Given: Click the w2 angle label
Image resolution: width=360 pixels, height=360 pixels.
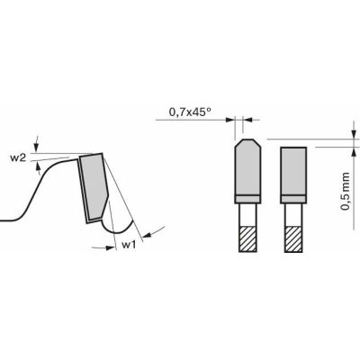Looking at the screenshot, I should point(17,157).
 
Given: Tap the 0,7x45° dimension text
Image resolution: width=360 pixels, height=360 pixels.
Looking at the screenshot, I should point(191,112).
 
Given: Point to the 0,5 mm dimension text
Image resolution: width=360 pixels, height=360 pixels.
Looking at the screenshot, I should point(346,191).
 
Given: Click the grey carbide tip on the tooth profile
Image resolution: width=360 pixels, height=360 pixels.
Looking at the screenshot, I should point(94,185).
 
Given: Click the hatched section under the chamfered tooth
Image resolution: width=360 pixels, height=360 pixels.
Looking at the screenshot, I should point(246,238).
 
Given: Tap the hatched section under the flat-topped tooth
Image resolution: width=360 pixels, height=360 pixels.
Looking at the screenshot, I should point(292,238).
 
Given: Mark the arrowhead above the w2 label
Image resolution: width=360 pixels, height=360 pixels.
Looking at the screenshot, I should point(35,144).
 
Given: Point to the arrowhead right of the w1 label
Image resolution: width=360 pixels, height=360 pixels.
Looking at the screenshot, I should point(146,233).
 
